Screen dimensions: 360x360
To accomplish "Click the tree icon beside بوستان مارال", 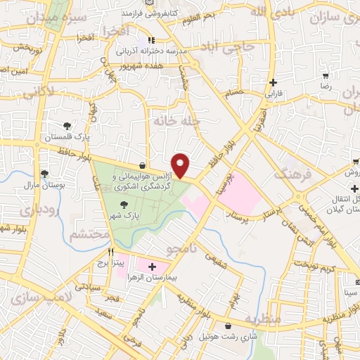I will click(44, 172).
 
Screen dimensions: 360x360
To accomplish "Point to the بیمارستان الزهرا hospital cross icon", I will click(153, 266).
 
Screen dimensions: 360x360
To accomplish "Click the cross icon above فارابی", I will click(273, 82).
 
